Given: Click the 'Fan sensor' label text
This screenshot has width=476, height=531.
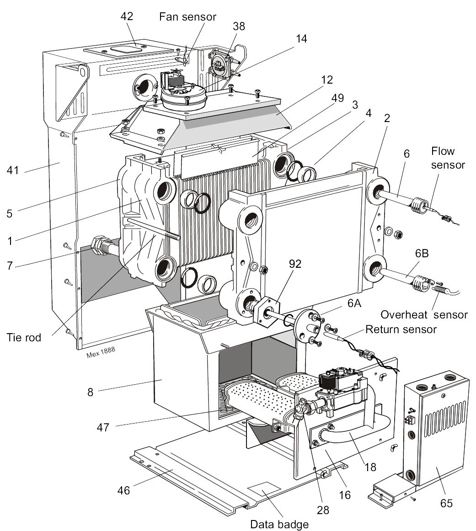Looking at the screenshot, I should tap(187, 16).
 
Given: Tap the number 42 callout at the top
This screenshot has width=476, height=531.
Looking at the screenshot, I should tap(127, 16).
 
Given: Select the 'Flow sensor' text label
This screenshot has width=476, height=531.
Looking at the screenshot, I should tap(448, 158).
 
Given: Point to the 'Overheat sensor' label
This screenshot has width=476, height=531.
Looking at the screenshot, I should tap(424, 314).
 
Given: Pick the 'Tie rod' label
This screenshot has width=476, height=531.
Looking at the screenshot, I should tap(24, 338).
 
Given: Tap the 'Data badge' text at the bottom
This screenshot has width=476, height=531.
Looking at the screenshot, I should tap(279, 525).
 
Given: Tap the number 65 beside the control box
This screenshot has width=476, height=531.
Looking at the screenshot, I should tap(446, 503).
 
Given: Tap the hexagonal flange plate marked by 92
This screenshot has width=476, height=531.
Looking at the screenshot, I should tap(265, 313).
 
